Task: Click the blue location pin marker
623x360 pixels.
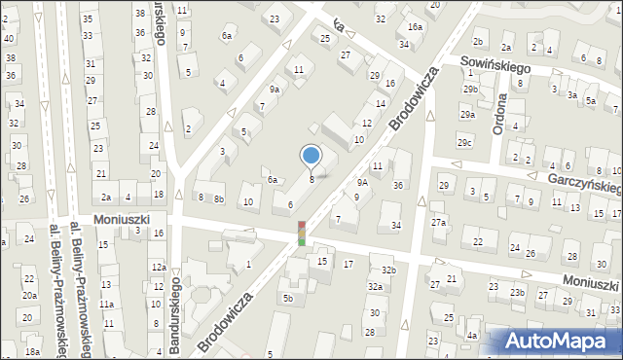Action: [x=311, y=156]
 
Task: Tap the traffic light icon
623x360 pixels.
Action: [x=302, y=234]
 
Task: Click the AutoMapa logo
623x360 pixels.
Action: [x=561, y=341]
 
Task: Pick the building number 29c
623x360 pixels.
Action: [x=466, y=144]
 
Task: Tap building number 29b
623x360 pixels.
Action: [x=471, y=90]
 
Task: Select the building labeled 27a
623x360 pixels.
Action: [x=439, y=223]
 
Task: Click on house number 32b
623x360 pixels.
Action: [x=388, y=270]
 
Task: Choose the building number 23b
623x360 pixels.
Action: [x=517, y=293]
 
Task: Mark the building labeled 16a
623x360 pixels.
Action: [x=415, y=27]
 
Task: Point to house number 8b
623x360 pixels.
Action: [x=219, y=198]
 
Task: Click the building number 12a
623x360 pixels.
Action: [x=159, y=267]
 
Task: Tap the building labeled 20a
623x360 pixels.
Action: [x=30, y=296]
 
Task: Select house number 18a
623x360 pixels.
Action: [x=32, y=351]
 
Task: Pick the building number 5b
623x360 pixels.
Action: [x=288, y=298]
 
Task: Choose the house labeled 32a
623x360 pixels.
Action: [x=375, y=287]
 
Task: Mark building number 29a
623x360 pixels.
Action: [x=467, y=115]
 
